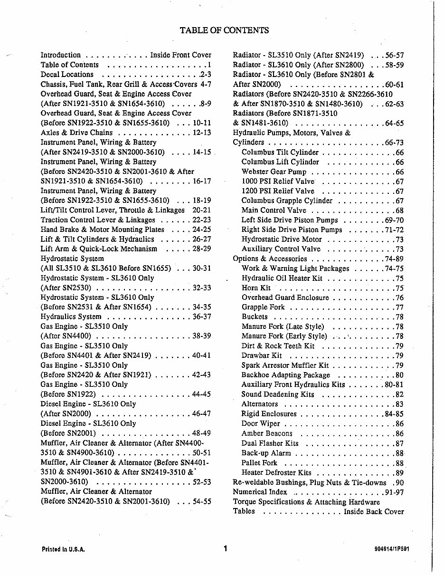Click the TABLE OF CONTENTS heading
point(224,30)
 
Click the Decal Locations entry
point(67,75)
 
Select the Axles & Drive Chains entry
point(76,133)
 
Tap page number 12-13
point(202,133)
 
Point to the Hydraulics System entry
point(71,316)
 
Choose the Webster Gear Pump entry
point(274,172)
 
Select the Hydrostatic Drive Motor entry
point(282,240)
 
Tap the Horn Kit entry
point(256,288)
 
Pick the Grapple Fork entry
point(264,307)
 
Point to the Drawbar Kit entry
point(262,355)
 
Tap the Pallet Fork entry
point(259,463)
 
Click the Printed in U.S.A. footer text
point(63,549)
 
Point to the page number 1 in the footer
point(225,549)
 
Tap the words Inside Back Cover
point(374,511)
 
